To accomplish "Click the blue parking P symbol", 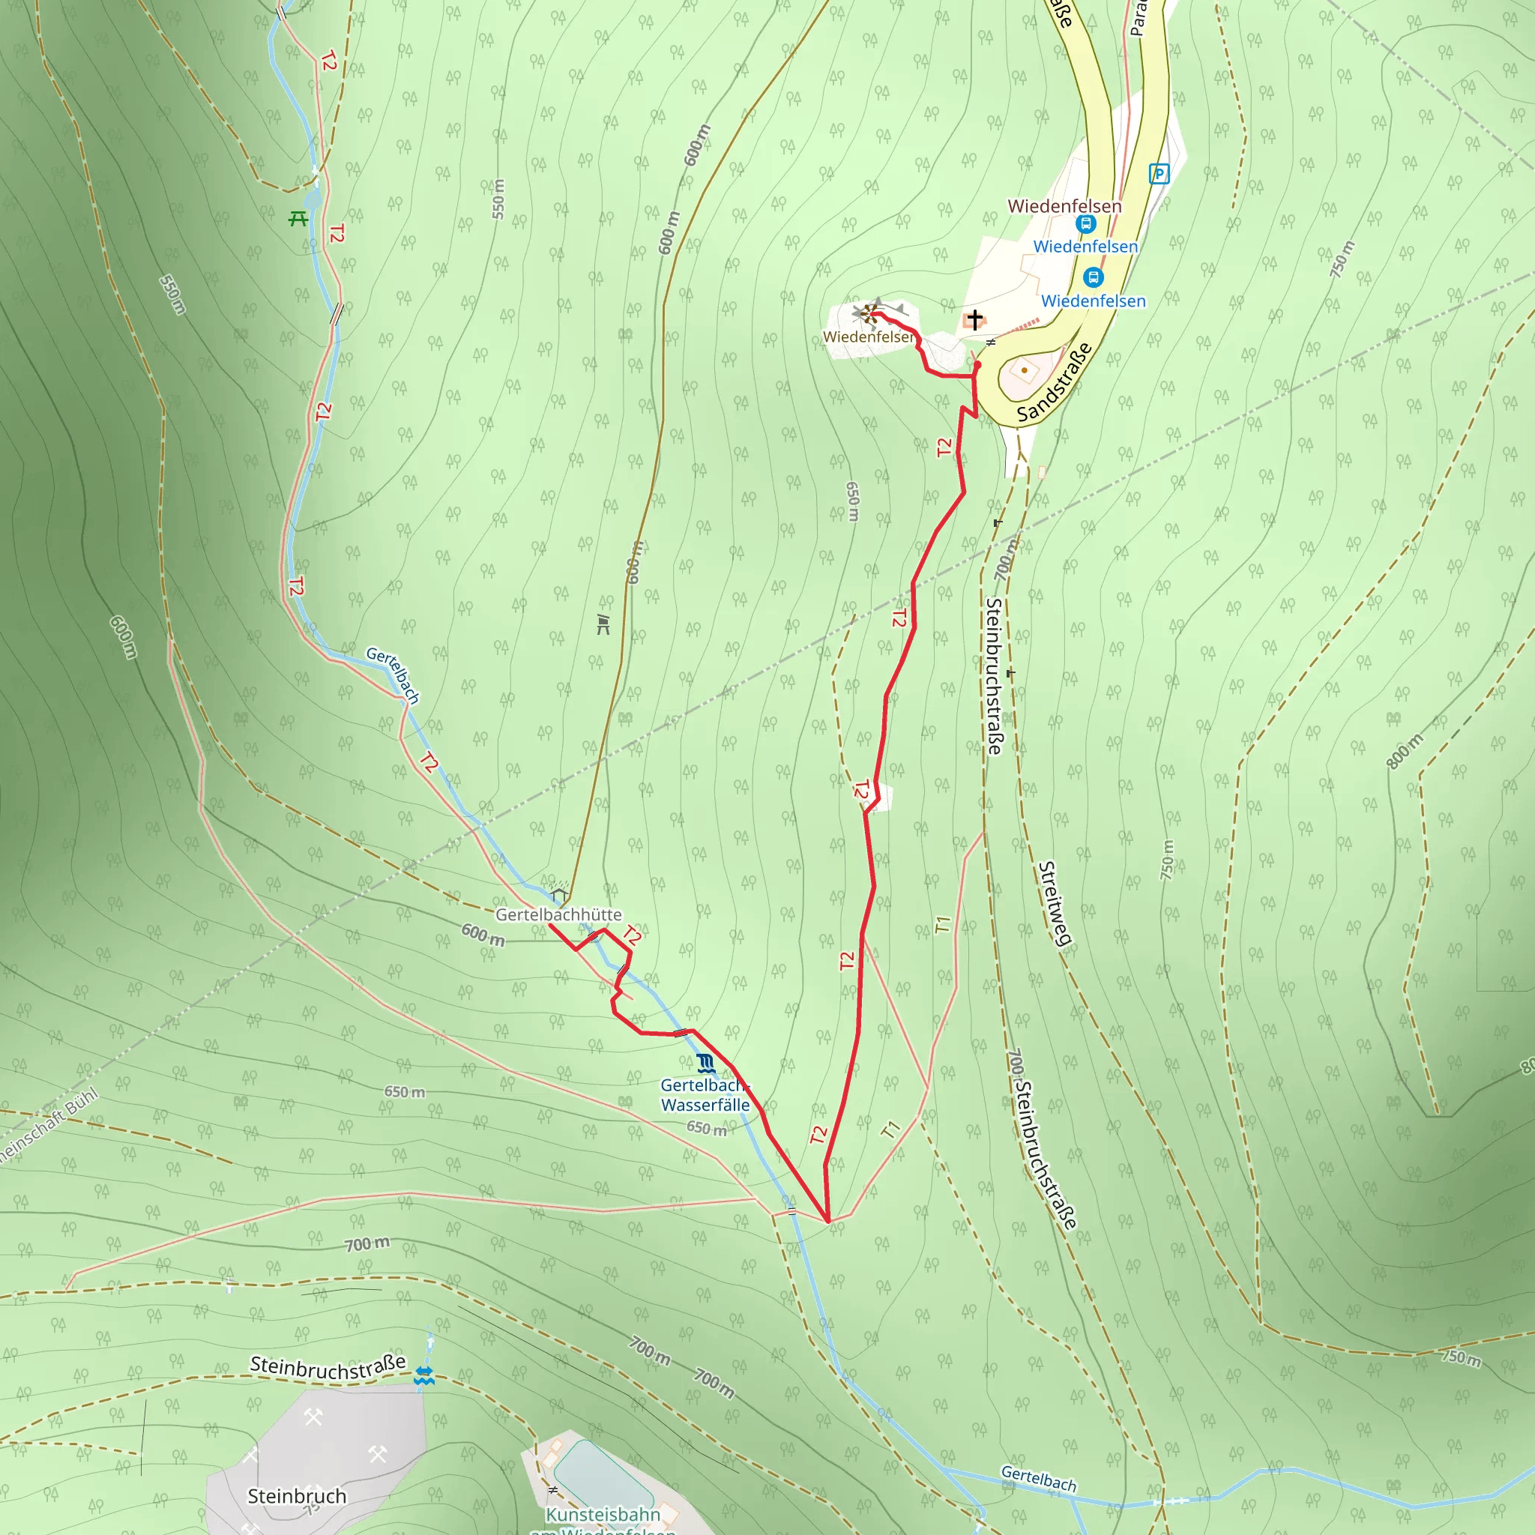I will click(1159, 173).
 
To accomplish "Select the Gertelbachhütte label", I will click(558, 914).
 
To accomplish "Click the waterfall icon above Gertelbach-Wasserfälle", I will click(705, 1063).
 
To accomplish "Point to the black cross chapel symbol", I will click(975, 319).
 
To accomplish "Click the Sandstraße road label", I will click(1055, 382).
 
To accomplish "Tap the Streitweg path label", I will click(1055, 903).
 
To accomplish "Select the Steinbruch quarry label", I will click(297, 1496).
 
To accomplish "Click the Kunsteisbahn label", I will click(603, 1514).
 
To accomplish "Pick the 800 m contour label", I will click(1405, 752).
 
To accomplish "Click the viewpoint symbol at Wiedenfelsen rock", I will click(870, 313).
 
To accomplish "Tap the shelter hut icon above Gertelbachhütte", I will click(559, 893).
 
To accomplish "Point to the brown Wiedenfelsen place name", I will click(1064, 206).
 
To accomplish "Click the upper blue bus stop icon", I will click(1086, 224).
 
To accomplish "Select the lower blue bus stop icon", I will click(1094, 277).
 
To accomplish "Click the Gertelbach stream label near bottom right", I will click(1038, 1479).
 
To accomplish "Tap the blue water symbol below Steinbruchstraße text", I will click(424, 1376).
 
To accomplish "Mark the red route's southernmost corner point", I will click(828, 1220).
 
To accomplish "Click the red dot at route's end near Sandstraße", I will click(978, 365).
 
